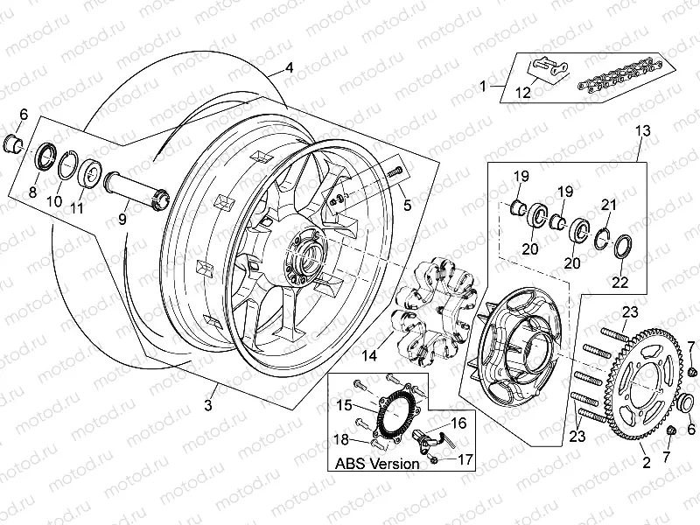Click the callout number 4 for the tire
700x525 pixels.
pos(289,66)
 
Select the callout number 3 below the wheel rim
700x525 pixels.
pos(208,403)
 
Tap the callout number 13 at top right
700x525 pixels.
pos(642,130)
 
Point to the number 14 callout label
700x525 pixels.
pos(371,355)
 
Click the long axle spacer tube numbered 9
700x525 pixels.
pos(134,190)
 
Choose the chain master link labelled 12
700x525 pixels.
pos(546,70)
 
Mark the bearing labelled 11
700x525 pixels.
pos(90,170)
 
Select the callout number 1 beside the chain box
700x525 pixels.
pos(482,86)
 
